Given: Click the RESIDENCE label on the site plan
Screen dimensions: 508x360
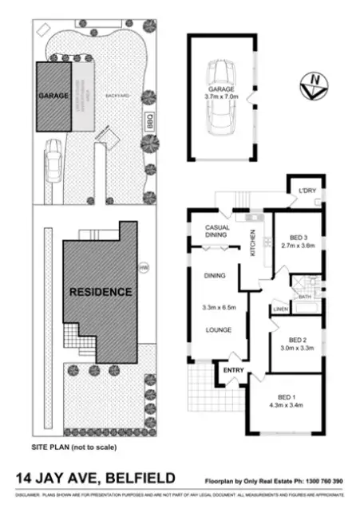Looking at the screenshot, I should [101, 292].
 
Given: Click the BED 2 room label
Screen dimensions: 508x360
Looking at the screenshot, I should [297, 338].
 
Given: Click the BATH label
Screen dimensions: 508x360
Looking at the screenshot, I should [304, 297].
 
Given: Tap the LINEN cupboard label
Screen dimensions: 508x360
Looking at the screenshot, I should [279, 309].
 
